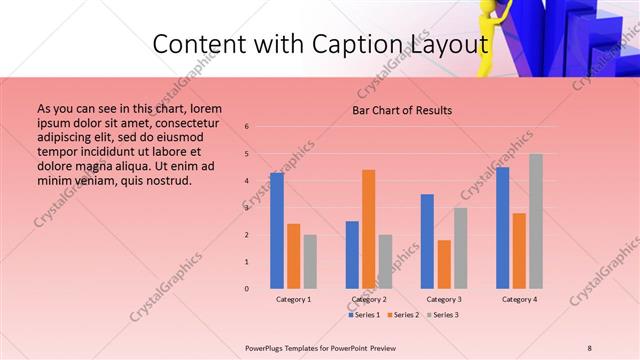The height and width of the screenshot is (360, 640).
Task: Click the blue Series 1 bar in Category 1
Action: (276, 231)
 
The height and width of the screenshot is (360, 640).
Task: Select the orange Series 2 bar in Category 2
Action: (368, 229)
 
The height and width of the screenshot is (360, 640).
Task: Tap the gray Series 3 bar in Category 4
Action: (535, 221)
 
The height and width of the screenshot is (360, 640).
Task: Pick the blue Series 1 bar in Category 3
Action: (427, 241)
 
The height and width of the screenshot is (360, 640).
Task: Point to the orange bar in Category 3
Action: (443, 264)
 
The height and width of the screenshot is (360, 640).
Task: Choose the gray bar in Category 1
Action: (310, 261)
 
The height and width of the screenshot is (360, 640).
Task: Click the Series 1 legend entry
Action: (364, 315)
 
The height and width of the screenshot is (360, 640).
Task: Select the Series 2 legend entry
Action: (403, 315)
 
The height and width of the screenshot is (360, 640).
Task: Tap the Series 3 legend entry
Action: (442, 315)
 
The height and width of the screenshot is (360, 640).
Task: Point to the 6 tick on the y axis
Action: (247, 127)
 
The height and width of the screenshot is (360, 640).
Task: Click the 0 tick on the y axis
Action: (247, 289)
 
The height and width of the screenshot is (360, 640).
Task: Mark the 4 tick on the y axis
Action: (247, 181)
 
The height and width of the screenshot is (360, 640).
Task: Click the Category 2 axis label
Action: (369, 299)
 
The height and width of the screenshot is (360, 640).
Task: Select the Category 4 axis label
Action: (519, 299)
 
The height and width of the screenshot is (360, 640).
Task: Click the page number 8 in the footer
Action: (589, 347)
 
